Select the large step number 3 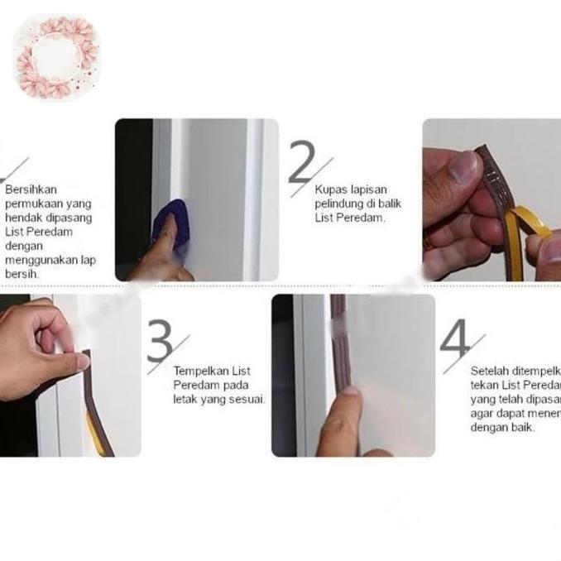(161, 339)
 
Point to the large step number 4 (454, 339)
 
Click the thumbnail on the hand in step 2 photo (463, 168)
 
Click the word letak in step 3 (185, 399)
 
